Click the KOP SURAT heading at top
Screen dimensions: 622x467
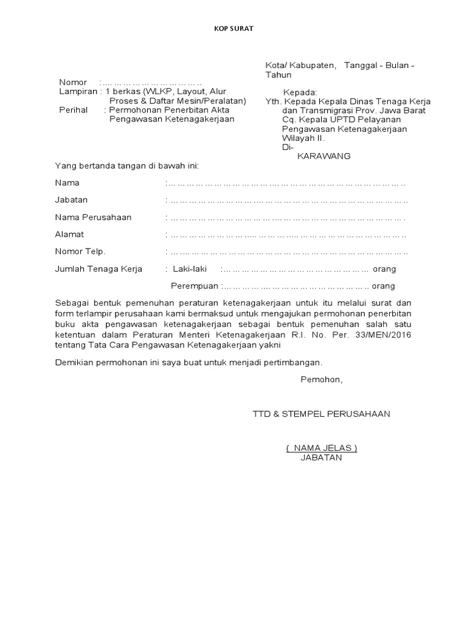pyautogui.click(x=233, y=28)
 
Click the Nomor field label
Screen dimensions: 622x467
pyautogui.click(x=73, y=83)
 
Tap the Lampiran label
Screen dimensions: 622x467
pyautogui.click(x=78, y=92)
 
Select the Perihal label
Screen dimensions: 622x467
pyautogui.click(x=73, y=110)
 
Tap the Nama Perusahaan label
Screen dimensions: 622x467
pyautogui.click(x=93, y=217)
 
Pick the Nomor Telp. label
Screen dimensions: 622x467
pyautogui.click(x=80, y=251)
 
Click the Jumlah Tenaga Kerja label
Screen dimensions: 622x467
pyautogui.click(x=99, y=269)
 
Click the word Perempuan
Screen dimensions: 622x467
pyautogui.click(x=195, y=286)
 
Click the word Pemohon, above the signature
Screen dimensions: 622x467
pyautogui.click(x=321, y=380)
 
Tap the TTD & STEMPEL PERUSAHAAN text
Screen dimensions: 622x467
pyautogui.click(x=322, y=414)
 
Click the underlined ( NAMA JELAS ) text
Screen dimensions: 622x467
pyautogui.click(x=322, y=448)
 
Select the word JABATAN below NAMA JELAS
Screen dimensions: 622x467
pyautogui.click(x=321, y=457)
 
